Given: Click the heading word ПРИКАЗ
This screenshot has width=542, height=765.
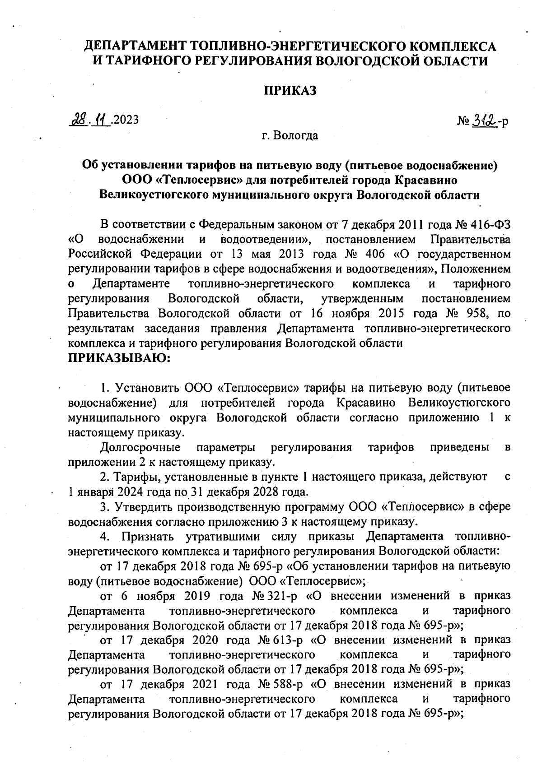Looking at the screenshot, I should coord(290,90).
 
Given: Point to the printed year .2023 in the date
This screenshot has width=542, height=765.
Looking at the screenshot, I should coord(125,120).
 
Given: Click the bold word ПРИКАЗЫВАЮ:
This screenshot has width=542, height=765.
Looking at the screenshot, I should coord(119,358).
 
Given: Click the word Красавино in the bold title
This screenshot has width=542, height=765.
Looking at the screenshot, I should coord(426,181).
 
